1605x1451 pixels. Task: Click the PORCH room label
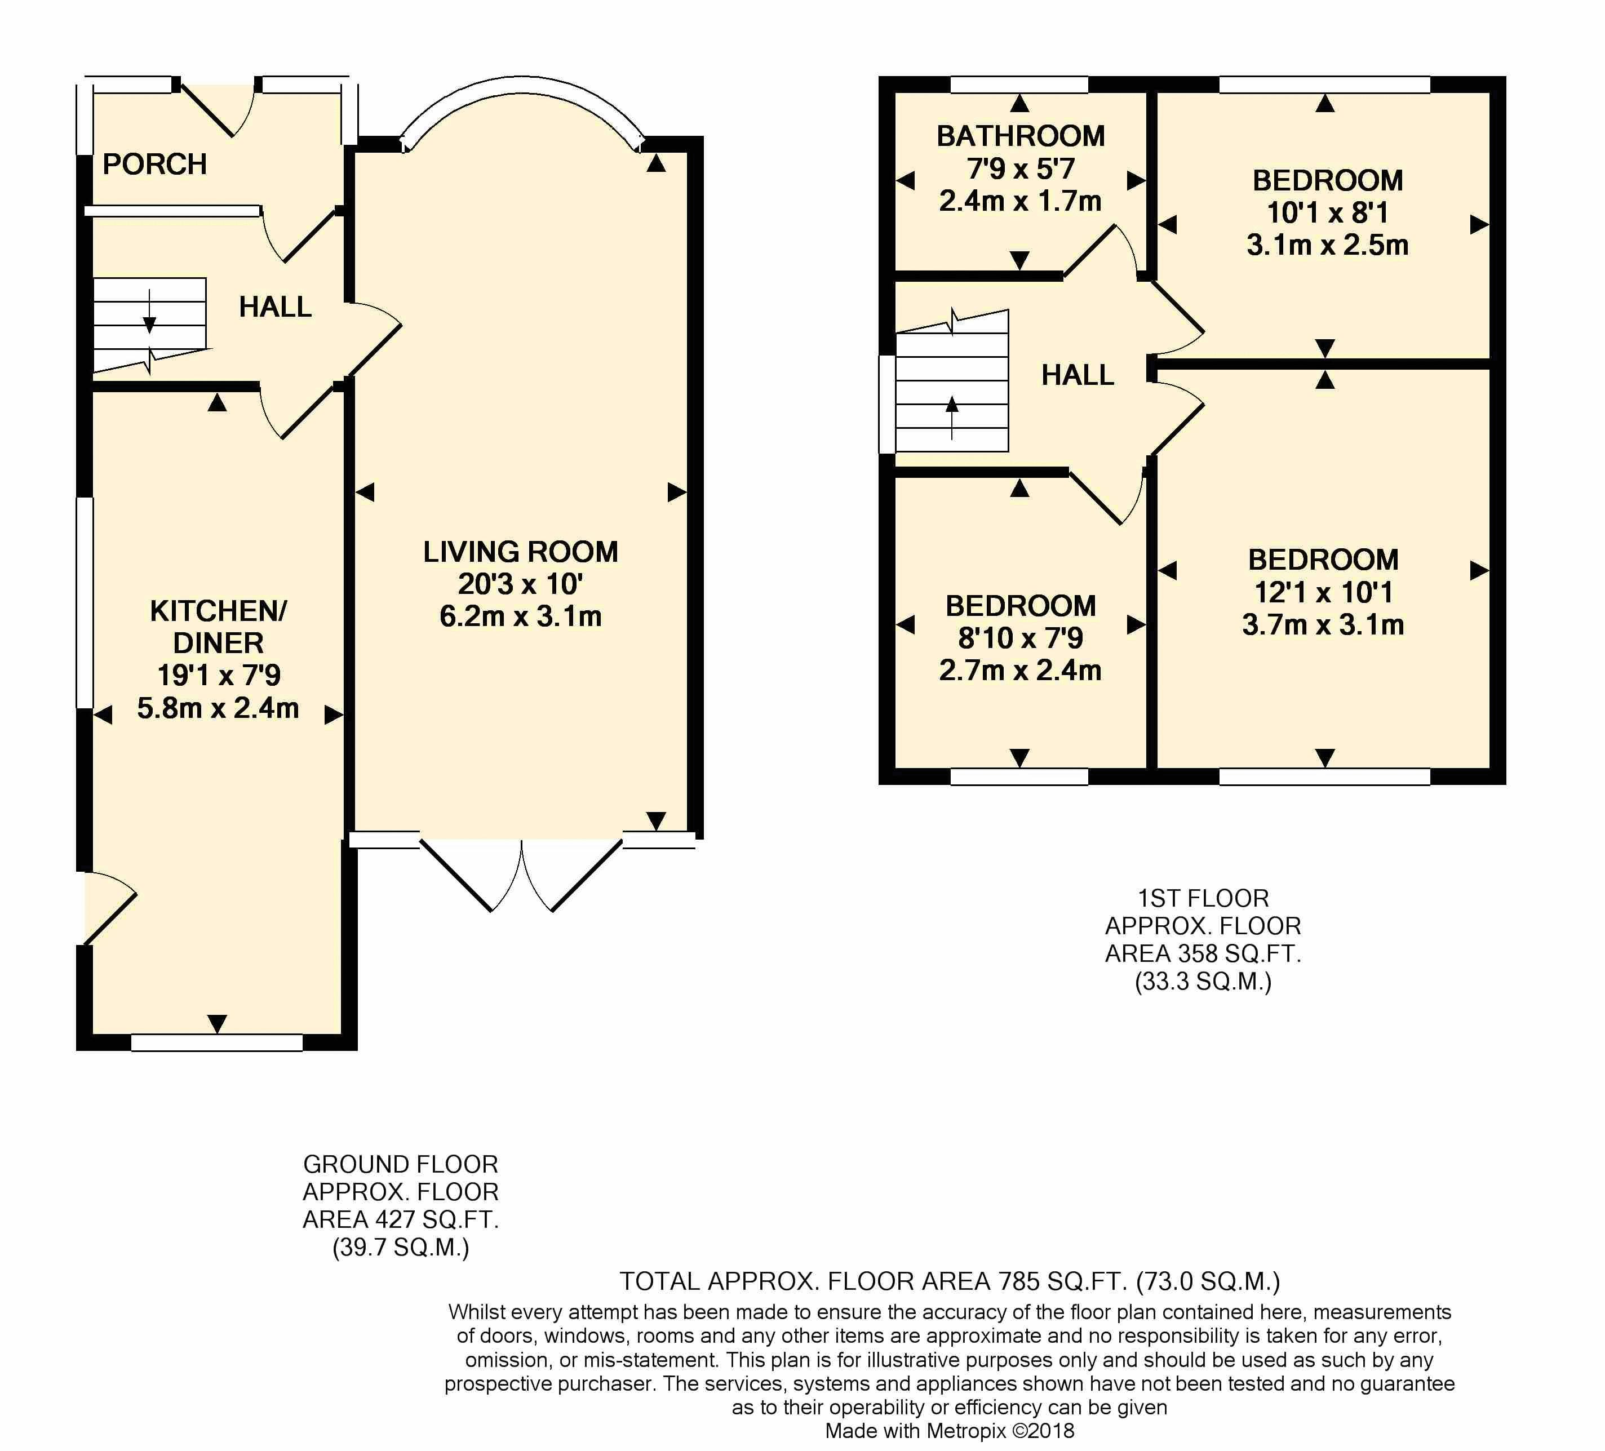(154, 164)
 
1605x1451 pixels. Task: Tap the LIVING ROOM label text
(520, 552)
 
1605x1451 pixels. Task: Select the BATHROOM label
(1020, 136)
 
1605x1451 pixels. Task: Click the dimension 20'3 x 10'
(520, 584)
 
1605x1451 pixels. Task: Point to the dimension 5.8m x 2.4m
(218, 708)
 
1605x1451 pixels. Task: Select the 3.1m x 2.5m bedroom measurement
(1327, 245)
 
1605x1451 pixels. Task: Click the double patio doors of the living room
(521, 876)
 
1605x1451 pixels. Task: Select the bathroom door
(1099, 251)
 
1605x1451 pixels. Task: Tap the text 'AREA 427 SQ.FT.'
(401, 1219)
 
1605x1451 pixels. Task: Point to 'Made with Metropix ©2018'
(949, 1430)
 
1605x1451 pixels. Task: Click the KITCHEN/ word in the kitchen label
(218, 611)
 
